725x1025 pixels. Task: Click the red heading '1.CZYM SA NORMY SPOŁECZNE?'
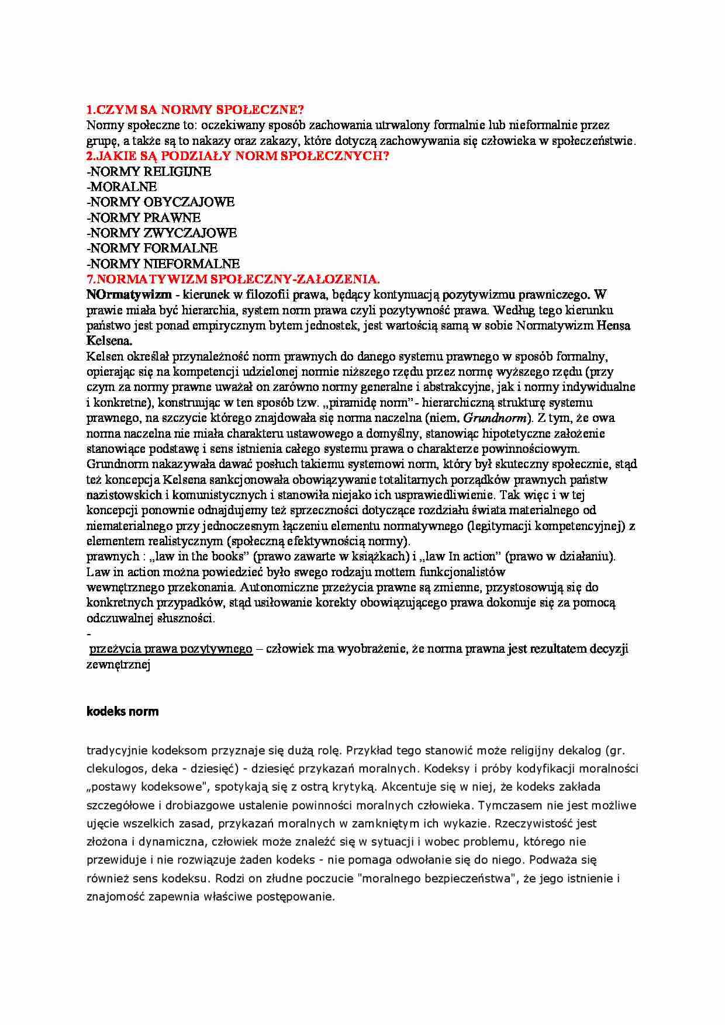coord(195,110)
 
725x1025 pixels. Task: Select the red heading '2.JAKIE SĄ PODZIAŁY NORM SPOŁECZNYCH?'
coord(237,156)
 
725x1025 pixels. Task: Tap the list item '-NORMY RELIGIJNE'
coord(149,172)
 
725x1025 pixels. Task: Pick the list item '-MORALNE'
coord(122,187)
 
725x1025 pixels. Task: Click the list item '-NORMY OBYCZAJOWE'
coord(160,202)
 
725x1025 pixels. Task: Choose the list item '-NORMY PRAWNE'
coord(143,218)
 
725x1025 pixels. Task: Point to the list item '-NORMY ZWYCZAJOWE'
coord(161,233)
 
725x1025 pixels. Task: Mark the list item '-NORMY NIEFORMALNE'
coord(163,264)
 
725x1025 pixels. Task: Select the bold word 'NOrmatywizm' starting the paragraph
coord(129,295)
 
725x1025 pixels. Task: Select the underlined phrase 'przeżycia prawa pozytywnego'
coord(171,649)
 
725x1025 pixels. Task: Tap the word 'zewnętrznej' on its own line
coord(118,664)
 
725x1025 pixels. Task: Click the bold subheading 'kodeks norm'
coord(122,712)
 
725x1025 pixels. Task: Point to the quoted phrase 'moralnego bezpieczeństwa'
coord(437,878)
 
